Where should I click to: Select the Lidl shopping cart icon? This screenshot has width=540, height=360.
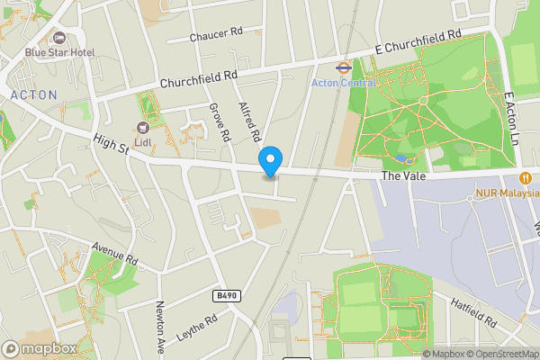pos(141,128)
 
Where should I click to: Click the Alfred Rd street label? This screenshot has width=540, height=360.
pos(249,121)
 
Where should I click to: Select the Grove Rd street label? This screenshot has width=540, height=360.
pos(220,123)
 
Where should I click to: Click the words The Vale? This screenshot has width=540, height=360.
pos(402,176)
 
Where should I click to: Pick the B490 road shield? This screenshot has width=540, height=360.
pos(229,294)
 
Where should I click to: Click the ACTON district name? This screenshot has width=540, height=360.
pos(33,94)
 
